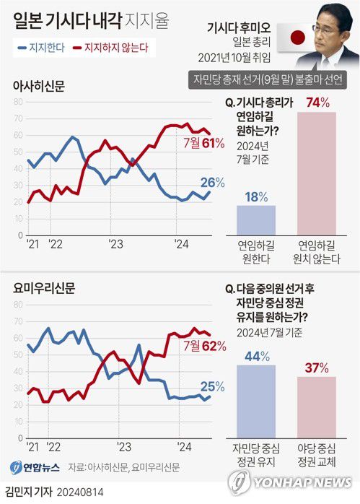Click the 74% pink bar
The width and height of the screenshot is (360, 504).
coord(317,173)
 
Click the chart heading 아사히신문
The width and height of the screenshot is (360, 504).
coord(38,85)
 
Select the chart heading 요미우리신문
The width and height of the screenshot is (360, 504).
coord(43,288)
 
